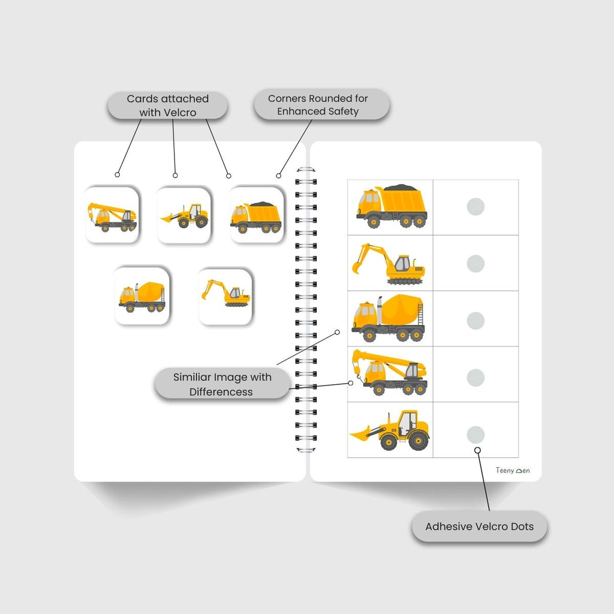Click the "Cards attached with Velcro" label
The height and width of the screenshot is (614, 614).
168,106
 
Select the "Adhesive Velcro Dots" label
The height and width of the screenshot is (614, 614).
479,527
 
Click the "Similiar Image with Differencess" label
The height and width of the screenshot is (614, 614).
222,384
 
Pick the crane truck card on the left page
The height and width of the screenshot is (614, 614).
112,215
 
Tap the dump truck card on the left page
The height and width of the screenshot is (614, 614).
257,215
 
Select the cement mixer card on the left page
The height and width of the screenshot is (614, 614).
142,296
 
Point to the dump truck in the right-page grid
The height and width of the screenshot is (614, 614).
392,207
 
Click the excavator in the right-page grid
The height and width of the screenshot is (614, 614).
389,263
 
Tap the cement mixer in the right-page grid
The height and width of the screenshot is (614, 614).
389,318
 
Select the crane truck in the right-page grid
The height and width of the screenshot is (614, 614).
389,373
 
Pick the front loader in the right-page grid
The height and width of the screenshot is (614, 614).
389,430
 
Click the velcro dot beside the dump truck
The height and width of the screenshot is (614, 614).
475,207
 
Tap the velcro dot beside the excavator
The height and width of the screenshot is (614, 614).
475,263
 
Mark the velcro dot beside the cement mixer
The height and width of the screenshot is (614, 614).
475,320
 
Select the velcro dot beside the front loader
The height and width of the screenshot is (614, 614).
475,434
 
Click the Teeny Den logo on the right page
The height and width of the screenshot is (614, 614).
512,471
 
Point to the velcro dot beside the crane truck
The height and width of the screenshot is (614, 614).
475,377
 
